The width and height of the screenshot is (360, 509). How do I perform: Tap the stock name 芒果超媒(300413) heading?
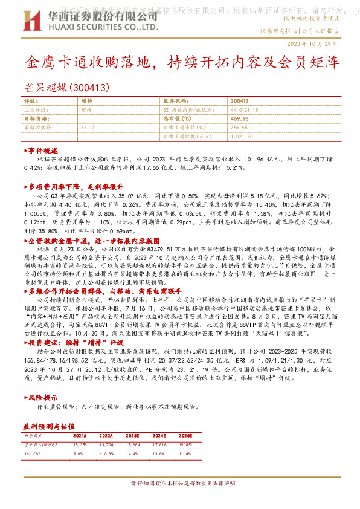68,88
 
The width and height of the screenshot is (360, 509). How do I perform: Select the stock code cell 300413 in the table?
240,101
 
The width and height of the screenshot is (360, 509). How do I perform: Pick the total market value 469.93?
240,119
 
